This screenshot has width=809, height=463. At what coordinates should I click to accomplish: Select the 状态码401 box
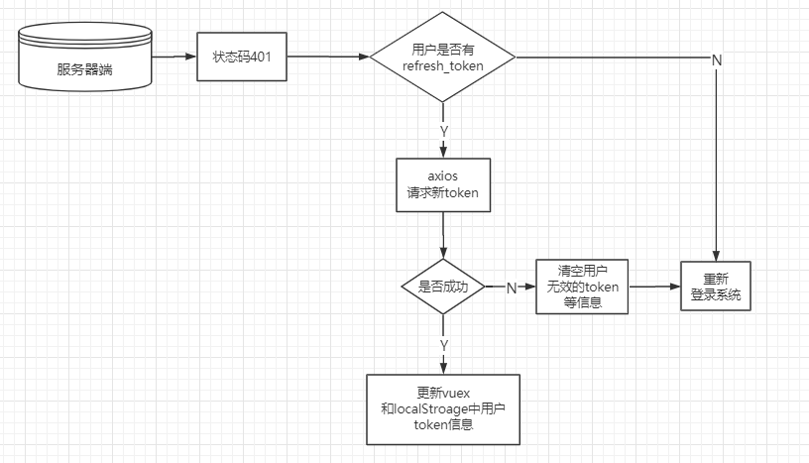pyautogui.click(x=242, y=57)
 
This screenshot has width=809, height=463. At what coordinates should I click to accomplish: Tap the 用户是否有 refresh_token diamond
pyautogui.click(x=443, y=57)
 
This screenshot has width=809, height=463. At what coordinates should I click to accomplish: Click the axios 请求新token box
pyautogui.click(x=443, y=185)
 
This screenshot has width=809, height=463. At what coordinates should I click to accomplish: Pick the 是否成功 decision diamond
pyautogui.click(x=443, y=287)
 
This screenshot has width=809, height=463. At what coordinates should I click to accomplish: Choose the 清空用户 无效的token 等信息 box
pyautogui.click(x=582, y=287)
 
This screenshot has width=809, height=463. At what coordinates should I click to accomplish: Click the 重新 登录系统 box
pyautogui.click(x=715, y=287)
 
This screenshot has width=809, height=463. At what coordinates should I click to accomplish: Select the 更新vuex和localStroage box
pyautogui.click(x=443, y=408)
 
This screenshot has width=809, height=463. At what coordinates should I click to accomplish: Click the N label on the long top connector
pyautogui.click(x=716, y=59)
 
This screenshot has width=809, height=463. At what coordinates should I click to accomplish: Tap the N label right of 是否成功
pyautogui.click(x=512, y=288)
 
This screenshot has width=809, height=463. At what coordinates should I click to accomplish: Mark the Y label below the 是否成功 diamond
pyautogui.click(x=443, y=344)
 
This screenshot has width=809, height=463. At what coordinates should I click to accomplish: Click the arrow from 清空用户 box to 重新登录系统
pyautogui.click(x=654, y=287)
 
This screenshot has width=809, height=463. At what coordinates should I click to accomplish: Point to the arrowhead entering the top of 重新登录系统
pyautogui.click(x=715, y=255)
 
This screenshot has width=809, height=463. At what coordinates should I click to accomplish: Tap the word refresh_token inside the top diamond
pyautogui.click(x=443, y=65)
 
